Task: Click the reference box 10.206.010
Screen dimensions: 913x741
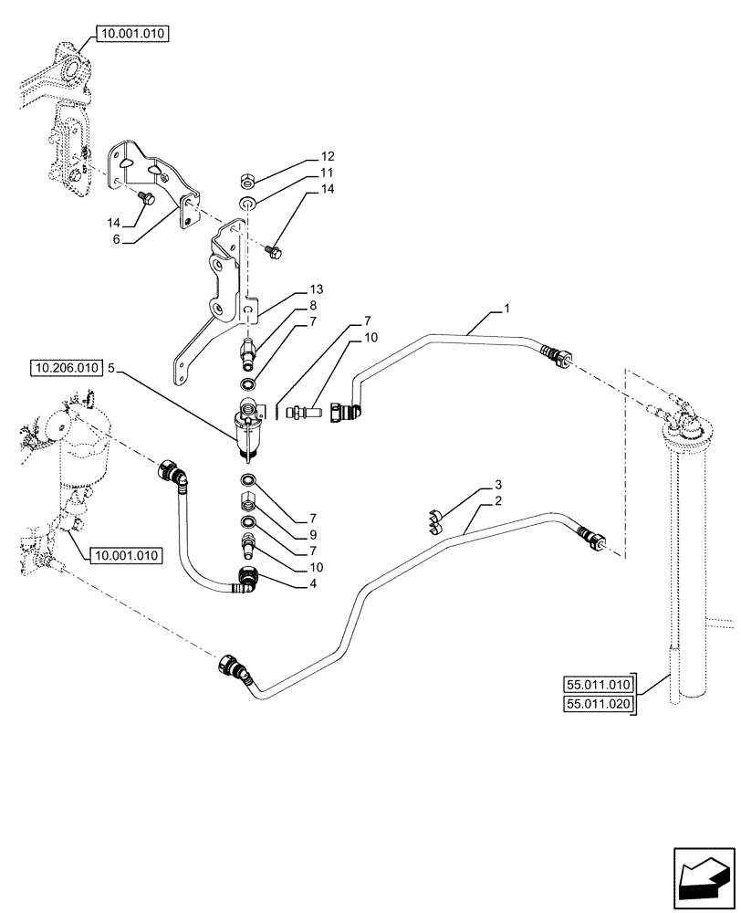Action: pyautogui.click(x=67, y=370)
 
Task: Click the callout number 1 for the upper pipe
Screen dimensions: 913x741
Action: pyautogui.click(x=506, y=311)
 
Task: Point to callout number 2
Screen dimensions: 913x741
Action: pyautogui.click(x=499, y=503)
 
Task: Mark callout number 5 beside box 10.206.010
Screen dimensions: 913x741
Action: pyautogui.click(x=111, y=370)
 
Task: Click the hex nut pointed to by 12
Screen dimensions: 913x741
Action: pyautogui.click(x=248, y=177)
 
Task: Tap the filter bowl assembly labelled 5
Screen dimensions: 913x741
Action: pyautogui.click(x=248, y=425)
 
